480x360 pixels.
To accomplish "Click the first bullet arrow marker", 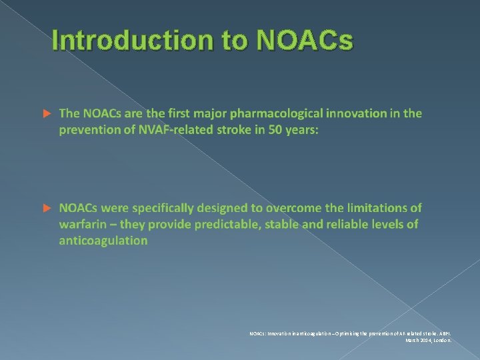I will [47, 114].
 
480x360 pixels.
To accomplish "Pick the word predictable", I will [223, 225].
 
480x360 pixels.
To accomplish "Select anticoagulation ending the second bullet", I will [103, 241].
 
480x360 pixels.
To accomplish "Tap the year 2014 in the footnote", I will [422, 340].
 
